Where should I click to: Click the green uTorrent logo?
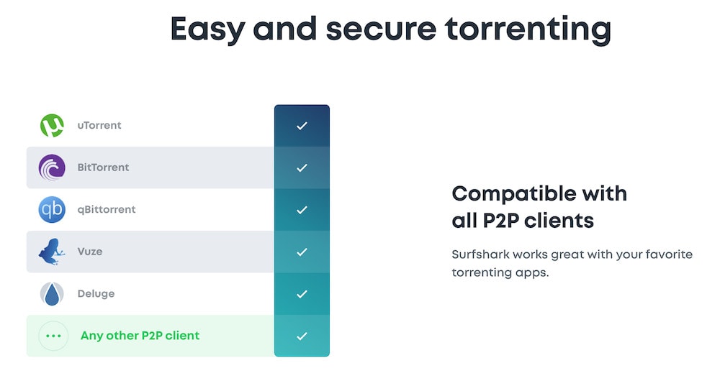click(x=52, y=126)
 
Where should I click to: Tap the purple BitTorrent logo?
click(x=52, y=167)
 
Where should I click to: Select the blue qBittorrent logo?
click(x=52, y=209)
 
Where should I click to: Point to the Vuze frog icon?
click(x=51, y=252)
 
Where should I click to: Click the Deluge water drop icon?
click(x=52, y=293)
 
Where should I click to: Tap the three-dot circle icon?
click(x=53, y=336)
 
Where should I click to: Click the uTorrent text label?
click(x=99, y=125)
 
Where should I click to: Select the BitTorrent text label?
click(x=103, y=167)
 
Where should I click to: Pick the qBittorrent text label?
click(x=107, y=209)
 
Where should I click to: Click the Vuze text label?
click(x=90, y=252)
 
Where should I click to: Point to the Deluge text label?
click(x=96, y=293)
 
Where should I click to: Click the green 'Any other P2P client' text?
click(x=140, y=336)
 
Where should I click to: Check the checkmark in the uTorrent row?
click(x=302, y=126)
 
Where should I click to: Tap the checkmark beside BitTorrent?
click(x=302, y=167)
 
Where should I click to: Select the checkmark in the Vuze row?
click(x=302, y=252)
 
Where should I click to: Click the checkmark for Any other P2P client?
click(x=302, y=336)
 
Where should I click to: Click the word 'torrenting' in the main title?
click(x=528, y=29)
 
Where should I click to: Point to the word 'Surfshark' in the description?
click(x=480, y=254)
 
